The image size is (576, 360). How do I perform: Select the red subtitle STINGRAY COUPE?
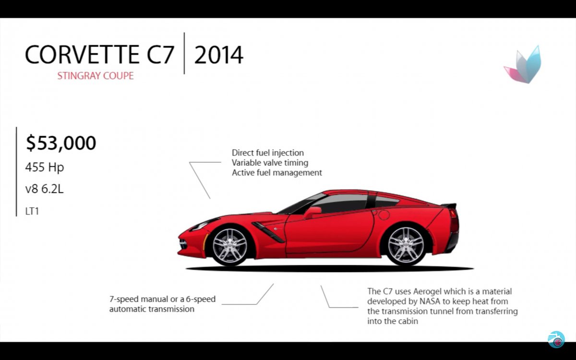[96, 76]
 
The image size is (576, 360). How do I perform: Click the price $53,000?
[61, 143]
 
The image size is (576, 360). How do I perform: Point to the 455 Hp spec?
[45, 167]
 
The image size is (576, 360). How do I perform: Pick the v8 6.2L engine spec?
[45, 189]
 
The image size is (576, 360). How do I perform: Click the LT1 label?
[32, 211]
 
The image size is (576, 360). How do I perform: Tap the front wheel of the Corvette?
[229, 245]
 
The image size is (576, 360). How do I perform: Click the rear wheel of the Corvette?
[406, 244]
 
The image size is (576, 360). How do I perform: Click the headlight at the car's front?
[204, 224]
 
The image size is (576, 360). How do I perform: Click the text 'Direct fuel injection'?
[268, 153]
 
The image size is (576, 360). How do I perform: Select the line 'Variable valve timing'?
[270, 163]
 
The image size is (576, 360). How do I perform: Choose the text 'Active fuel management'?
[277, 172]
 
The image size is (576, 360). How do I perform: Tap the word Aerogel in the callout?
[429, 291]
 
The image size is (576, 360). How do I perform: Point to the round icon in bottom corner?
[556, 339]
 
